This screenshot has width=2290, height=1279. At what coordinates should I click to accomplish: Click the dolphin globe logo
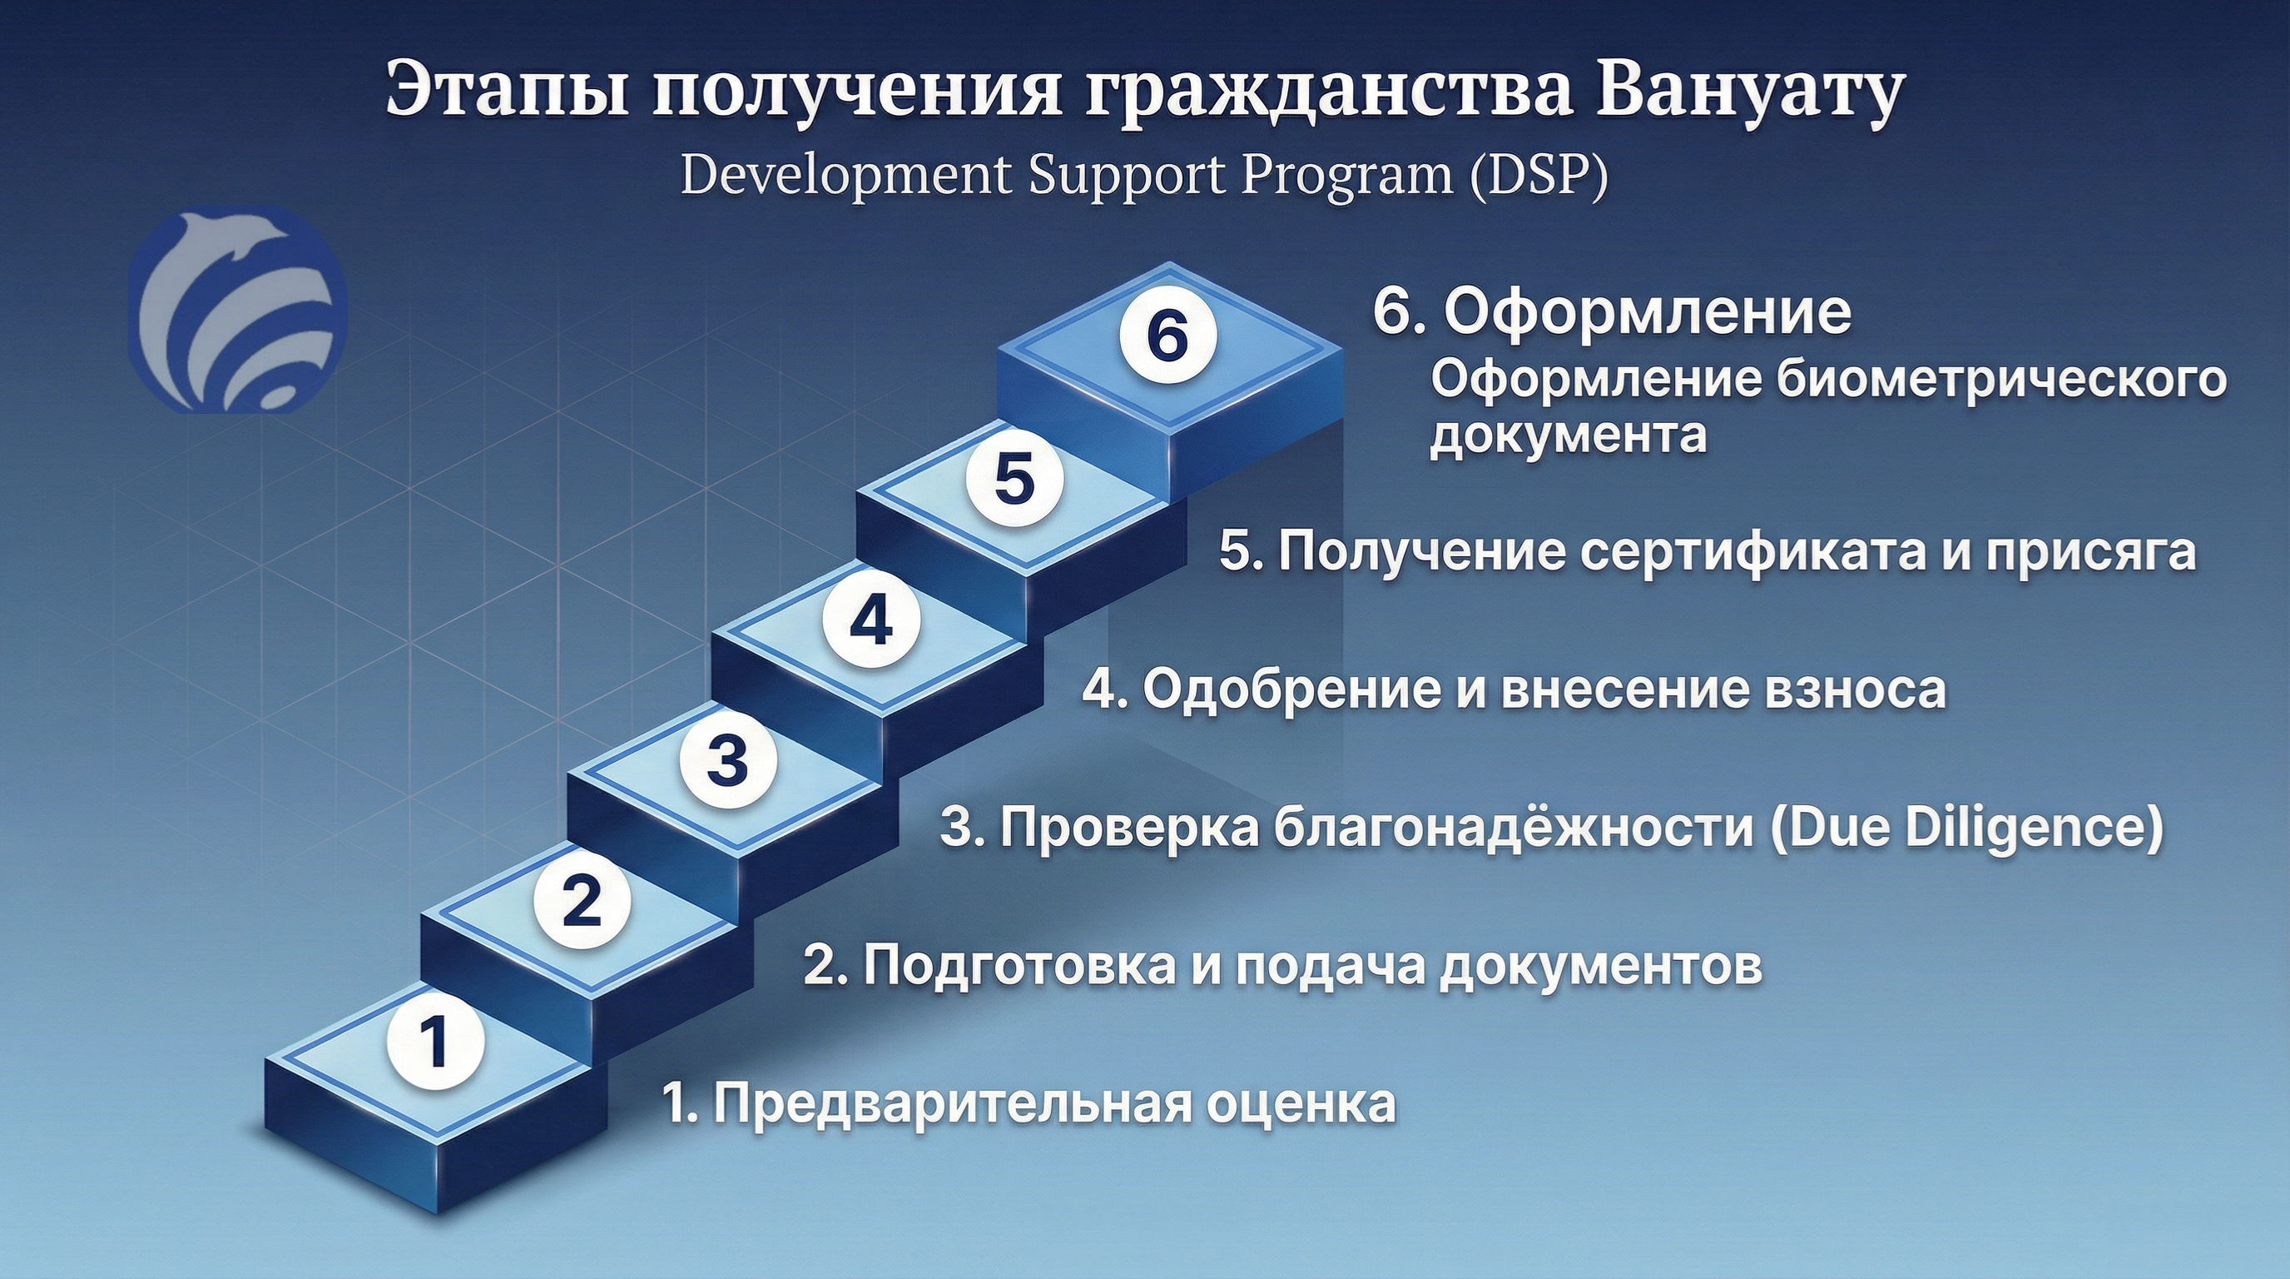[238, 310]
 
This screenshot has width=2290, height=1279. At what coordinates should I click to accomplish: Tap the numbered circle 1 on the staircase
[435, 1042]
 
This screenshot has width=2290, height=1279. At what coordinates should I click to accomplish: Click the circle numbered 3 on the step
[728, 759]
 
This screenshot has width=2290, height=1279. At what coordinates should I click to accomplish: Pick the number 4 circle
[871, 620]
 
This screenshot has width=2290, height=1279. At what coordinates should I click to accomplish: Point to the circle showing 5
[1015, 479]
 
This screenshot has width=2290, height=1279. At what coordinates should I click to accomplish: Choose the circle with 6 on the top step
[1167, 336]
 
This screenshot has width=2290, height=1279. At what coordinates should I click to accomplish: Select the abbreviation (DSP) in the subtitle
[1538, 175]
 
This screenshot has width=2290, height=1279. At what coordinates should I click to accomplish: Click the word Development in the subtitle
[845, 175]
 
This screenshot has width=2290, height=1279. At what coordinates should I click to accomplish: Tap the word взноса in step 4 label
[1856, 690]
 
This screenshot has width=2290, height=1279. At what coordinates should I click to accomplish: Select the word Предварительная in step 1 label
[952, 1104]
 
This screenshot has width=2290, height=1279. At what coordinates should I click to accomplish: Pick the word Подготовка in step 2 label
[1019, 966]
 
